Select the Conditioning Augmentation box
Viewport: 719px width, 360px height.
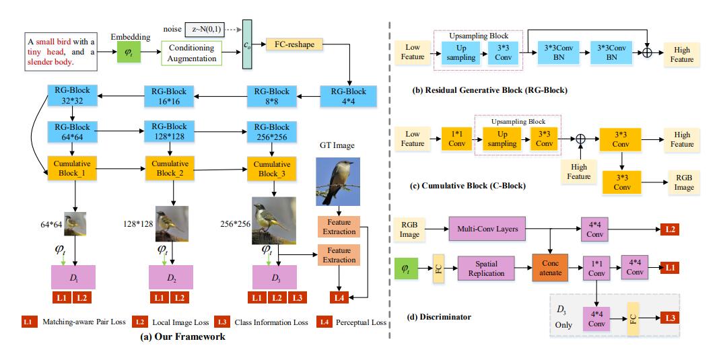pyautogui.click(x=192, y=53)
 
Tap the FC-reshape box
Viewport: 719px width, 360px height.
pyautogui.click(x=295, y=44)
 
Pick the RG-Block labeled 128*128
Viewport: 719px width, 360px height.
pyautogui.click(x=169, y=132)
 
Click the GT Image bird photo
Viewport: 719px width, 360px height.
pyautogui.click(x=337, y=181)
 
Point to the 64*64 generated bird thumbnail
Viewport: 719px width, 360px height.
pyautogui.click(x=75, y=223)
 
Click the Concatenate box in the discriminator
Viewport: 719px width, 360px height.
pyautogui.click(x=550, y=268)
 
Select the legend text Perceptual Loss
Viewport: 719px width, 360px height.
pyautogui.click(x=362, y=322)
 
